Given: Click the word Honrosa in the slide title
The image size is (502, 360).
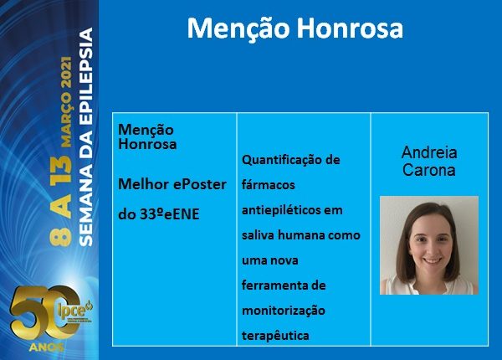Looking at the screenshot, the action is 350,28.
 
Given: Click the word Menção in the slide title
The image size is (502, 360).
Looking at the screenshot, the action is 238,29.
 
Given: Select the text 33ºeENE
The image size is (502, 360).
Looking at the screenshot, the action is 170,214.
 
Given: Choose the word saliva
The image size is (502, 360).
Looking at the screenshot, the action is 258,235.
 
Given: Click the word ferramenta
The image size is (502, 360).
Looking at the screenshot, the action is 271,285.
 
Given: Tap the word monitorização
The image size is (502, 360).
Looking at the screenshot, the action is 284,311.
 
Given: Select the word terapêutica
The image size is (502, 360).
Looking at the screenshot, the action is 275,336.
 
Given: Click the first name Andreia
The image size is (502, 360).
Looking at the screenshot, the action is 429,152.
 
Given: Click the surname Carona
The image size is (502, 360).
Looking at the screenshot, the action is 429,170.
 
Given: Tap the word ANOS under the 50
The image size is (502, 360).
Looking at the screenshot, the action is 46,347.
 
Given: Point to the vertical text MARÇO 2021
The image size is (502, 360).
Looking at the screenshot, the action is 67,102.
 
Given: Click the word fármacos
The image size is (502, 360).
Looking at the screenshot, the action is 269,185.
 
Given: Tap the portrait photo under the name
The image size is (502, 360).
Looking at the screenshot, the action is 429,245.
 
